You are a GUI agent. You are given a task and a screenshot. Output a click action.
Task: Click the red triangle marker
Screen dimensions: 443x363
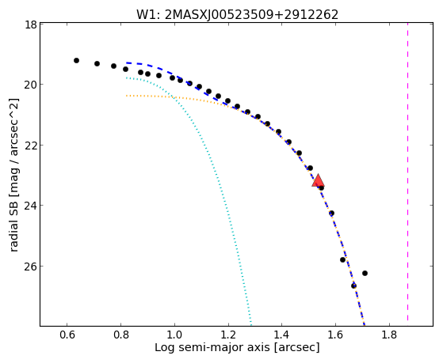click(318, 181)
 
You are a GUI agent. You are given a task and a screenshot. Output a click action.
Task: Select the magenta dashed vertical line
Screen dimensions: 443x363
click(407, 172)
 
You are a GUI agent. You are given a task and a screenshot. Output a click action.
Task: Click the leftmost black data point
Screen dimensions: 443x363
click(76, 60)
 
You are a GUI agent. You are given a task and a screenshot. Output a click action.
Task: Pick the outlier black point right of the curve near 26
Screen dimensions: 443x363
click(365, 273)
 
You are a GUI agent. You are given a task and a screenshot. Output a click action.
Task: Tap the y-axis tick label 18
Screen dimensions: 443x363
click(30, 25)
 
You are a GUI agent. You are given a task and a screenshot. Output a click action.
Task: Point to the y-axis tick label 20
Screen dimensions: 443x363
click(30, 85)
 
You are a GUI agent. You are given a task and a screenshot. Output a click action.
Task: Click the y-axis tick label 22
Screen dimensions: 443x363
click(30, 146)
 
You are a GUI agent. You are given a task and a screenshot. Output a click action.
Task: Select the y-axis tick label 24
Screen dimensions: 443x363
click(30, 206)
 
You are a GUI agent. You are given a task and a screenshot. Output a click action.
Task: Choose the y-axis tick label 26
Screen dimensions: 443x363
click(30, 267)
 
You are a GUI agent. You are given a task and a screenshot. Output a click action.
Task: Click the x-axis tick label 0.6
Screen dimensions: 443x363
click(67, 335)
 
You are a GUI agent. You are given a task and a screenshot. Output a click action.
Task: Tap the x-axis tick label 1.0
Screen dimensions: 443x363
click(174, 335)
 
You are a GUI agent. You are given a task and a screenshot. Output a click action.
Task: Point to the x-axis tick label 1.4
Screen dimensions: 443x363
click(281, 335)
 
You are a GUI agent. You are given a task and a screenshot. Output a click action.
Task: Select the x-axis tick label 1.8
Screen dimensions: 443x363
click(389, 335)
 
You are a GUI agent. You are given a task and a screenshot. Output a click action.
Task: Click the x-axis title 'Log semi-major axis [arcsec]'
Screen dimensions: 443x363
click(237, 347)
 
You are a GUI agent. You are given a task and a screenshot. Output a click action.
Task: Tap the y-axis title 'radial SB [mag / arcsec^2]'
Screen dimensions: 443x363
click(13, 175)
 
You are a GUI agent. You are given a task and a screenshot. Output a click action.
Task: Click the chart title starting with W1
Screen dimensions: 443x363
click(237, 14)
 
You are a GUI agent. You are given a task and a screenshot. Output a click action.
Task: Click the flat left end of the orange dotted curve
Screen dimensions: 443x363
click(127, 96)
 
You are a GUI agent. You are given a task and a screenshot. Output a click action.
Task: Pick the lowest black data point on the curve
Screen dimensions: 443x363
click(353, 285)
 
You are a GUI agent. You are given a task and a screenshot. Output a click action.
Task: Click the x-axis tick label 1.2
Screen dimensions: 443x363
click(228, 335)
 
